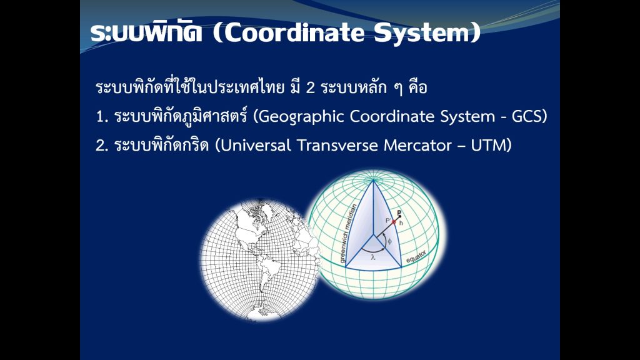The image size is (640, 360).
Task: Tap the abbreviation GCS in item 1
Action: [529, 117]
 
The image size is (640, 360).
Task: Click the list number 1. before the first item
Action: [102, 117]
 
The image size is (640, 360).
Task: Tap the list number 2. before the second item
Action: [102, 146]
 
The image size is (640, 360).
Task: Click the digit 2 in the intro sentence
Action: [310, 88]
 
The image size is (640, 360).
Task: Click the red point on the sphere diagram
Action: [394, 222]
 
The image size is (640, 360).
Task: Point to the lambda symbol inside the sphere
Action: [373, 257]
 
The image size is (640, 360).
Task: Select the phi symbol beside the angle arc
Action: [389, 241]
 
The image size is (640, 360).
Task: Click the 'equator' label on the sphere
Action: [416, 256]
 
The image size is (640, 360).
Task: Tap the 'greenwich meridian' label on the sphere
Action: [348, 233]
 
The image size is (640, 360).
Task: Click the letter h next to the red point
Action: [401, 223]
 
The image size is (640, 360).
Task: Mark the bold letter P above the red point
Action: [399, 212]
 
